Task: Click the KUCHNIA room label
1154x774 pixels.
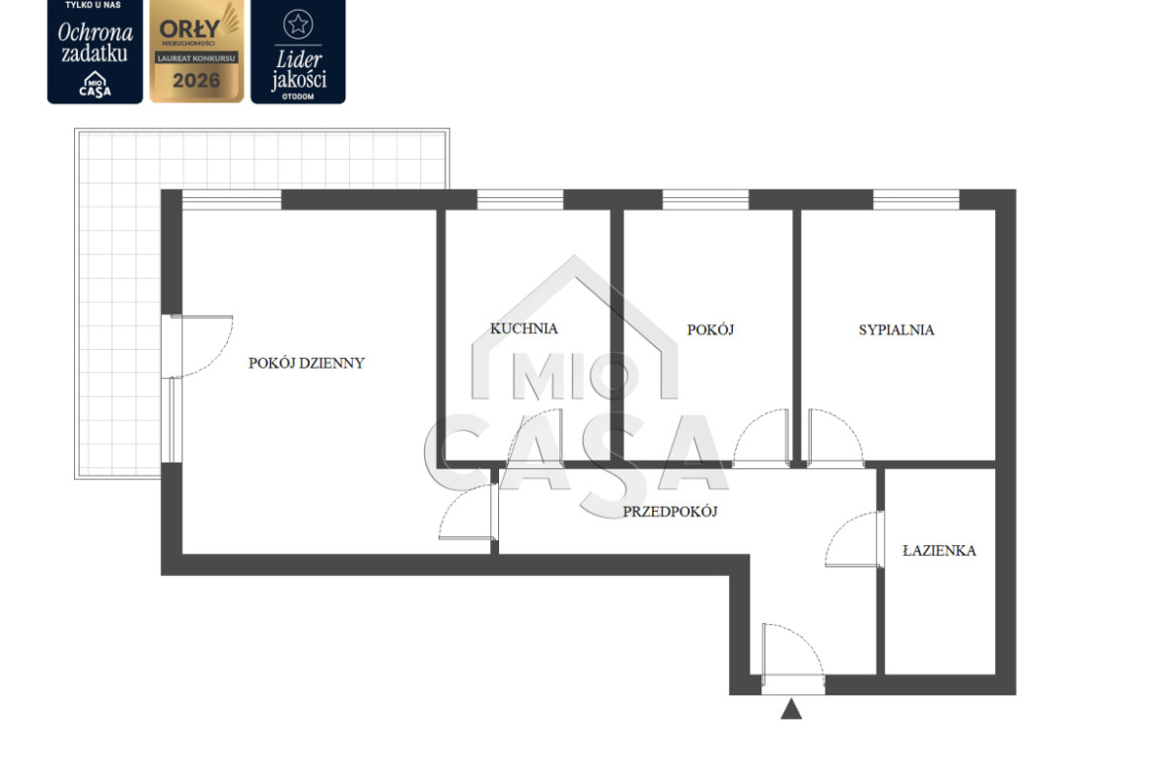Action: pos(524,328)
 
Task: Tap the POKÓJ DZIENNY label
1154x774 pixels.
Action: pos(306,363)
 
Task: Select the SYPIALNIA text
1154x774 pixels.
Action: pos(897,329)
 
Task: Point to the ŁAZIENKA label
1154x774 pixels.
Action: pos(939,550)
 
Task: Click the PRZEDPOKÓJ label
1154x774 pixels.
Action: pos(670,512)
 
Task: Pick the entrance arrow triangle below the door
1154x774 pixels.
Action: pos(791,709)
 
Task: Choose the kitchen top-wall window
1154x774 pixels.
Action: pos(521,199)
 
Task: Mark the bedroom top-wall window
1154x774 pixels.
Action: pos(916,199)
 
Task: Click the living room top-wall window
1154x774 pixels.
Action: pos(232,199)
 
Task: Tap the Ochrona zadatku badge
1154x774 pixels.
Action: pos(95,51)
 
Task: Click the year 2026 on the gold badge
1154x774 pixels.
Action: pos(196,80)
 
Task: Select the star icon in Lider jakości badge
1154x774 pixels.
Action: pos(298,25)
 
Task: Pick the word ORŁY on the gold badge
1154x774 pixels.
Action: pos(189,30)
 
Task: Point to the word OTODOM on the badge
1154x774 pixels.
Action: pos(298,97)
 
